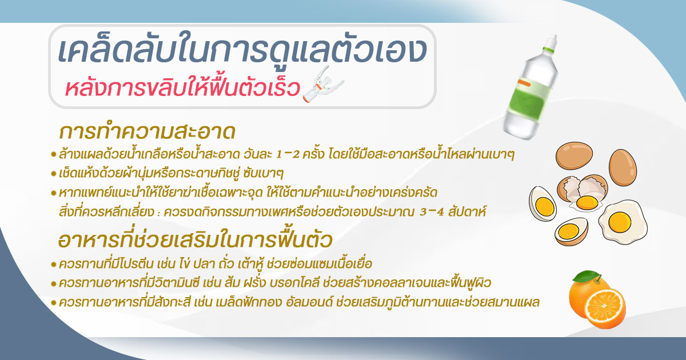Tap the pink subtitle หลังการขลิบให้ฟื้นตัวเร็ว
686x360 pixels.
click(182, 89)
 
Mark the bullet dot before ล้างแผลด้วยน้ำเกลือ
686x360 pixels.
click(54, 155)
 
